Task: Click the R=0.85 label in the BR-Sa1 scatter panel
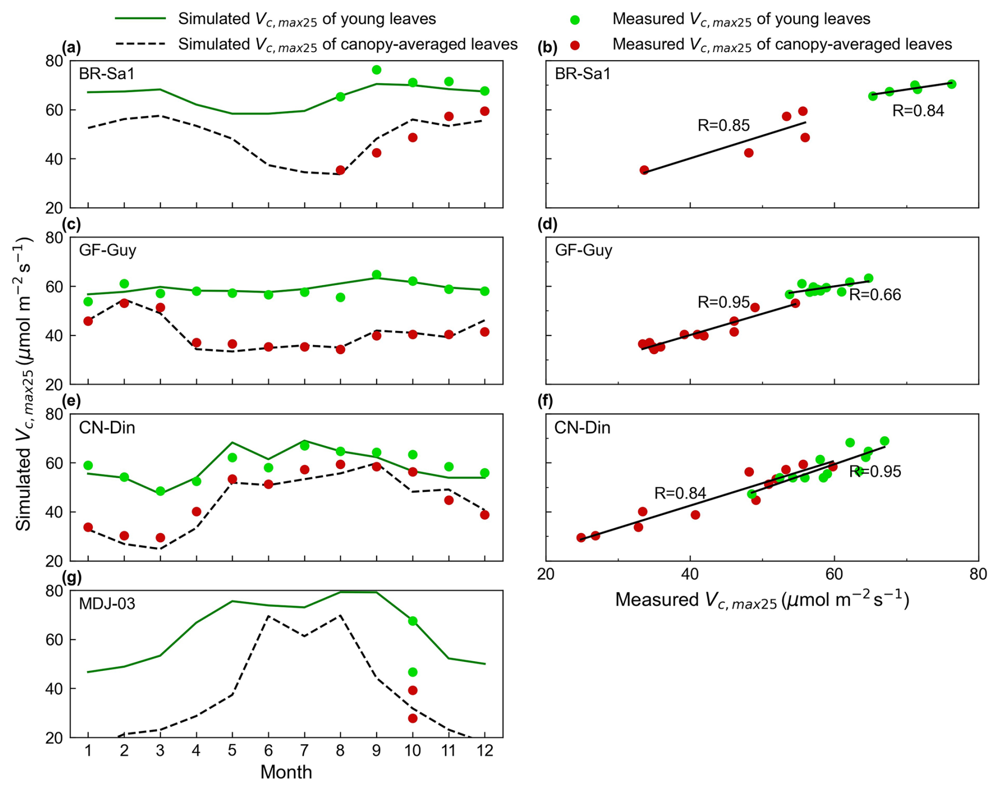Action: click(723, 126)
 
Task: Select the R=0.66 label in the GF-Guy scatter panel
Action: click(875, 295)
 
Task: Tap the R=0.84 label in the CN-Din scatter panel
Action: click(680, 493)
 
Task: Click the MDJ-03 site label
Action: click(107, 603)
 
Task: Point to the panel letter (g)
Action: click(71, 578)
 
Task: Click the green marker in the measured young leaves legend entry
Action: click(575, 20)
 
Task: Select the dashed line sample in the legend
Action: click(140, 44)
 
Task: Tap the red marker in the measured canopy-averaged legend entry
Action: click(575, 45)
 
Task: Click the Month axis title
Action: click(286, 772)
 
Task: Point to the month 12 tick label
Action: click(485, 750)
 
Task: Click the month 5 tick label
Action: click(232, 750)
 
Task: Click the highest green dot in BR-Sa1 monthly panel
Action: click(377, 70)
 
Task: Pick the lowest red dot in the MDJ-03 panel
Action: click(412, 718)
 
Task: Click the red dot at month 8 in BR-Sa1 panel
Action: click(340, 170)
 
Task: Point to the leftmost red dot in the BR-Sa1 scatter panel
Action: click(644, 170)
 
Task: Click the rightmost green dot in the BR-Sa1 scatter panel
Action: click(952, 84)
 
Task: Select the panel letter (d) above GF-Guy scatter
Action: click(547, 225)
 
